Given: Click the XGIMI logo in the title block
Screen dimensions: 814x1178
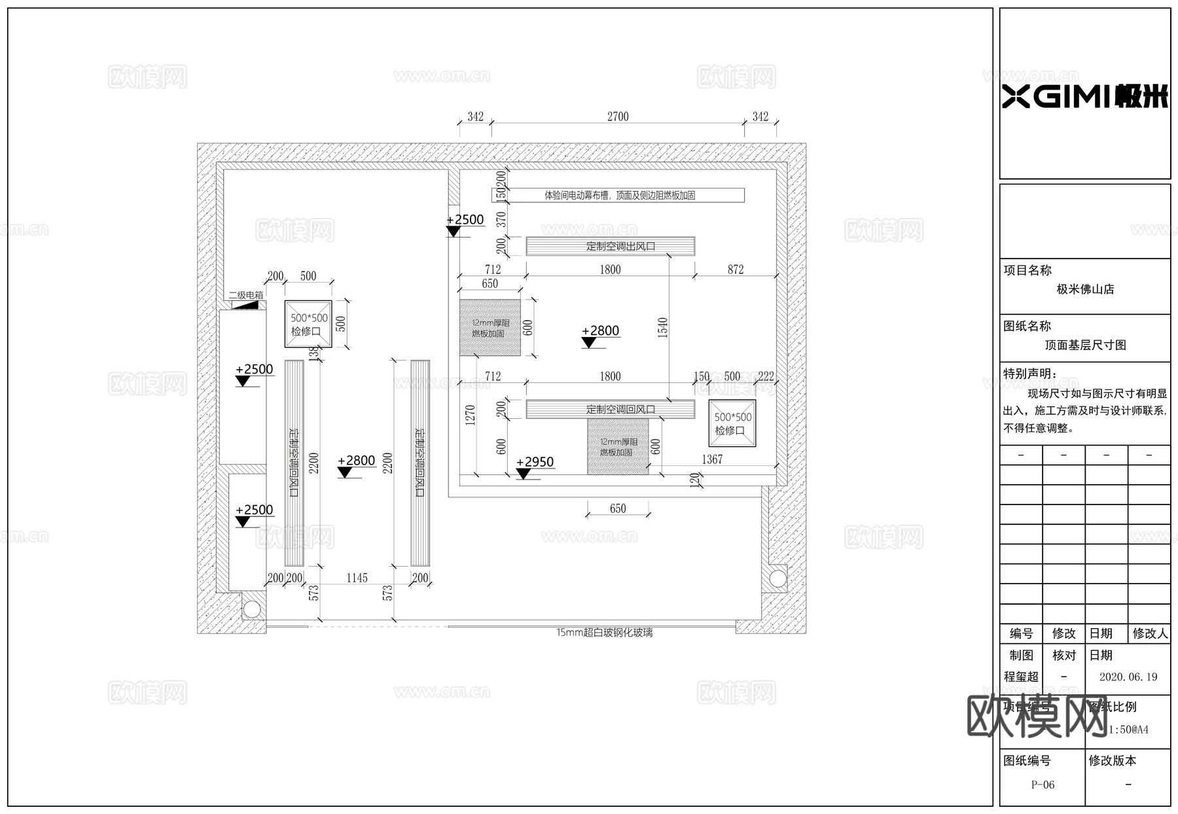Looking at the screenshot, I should pyautogui.click(x=1084, y=97).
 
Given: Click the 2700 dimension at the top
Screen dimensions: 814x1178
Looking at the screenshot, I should pyautogui.click(x=617, y=116).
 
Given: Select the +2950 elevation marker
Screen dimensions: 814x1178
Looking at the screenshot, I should pyautogui.click(x=535, y=462).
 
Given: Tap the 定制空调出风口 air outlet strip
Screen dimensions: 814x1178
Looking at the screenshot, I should pyautogui.click(x=610, y=246).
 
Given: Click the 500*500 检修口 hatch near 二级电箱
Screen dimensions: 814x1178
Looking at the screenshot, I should pyautogui.click(x=308, y=324).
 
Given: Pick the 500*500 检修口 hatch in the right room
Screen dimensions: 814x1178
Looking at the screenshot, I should pyautogui.click(x=732, y=423).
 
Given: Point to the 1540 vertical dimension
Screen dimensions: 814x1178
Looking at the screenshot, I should pyautogui.click(x=663, y=327).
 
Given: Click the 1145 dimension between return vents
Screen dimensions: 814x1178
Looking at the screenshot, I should pyautogui.click(x=357, y=578).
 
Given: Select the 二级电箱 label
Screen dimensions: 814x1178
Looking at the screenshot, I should pyautogui.click(x=246, y=295).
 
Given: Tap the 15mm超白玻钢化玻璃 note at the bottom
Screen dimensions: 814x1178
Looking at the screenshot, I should pyautogui.click(x=604, y=633).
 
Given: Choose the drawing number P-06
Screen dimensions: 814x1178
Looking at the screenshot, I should pyautogui.click(x=1043, y=785).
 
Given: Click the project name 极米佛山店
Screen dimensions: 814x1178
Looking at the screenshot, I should pyautogui.click(x=1084, y=289).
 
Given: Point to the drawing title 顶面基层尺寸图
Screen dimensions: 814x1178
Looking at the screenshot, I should pyautogui.click(x=1084, y=345).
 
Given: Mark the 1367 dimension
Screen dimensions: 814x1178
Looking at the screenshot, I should pyautogui.click(x=712, y=459).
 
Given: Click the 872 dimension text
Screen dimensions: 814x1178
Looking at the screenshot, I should pyautogui.click(x=735, y=270).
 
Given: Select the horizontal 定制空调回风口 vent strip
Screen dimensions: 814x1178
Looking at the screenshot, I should pyautogui.click(x=610, y=409).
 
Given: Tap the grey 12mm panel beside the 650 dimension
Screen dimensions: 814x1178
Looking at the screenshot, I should pyautogui.click(x=490, y=328).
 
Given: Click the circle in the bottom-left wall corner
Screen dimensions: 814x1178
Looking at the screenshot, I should pyautogui.click(x=251, y=609).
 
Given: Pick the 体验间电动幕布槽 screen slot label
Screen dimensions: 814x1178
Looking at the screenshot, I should pyautogui.click(x=618, y=195).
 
